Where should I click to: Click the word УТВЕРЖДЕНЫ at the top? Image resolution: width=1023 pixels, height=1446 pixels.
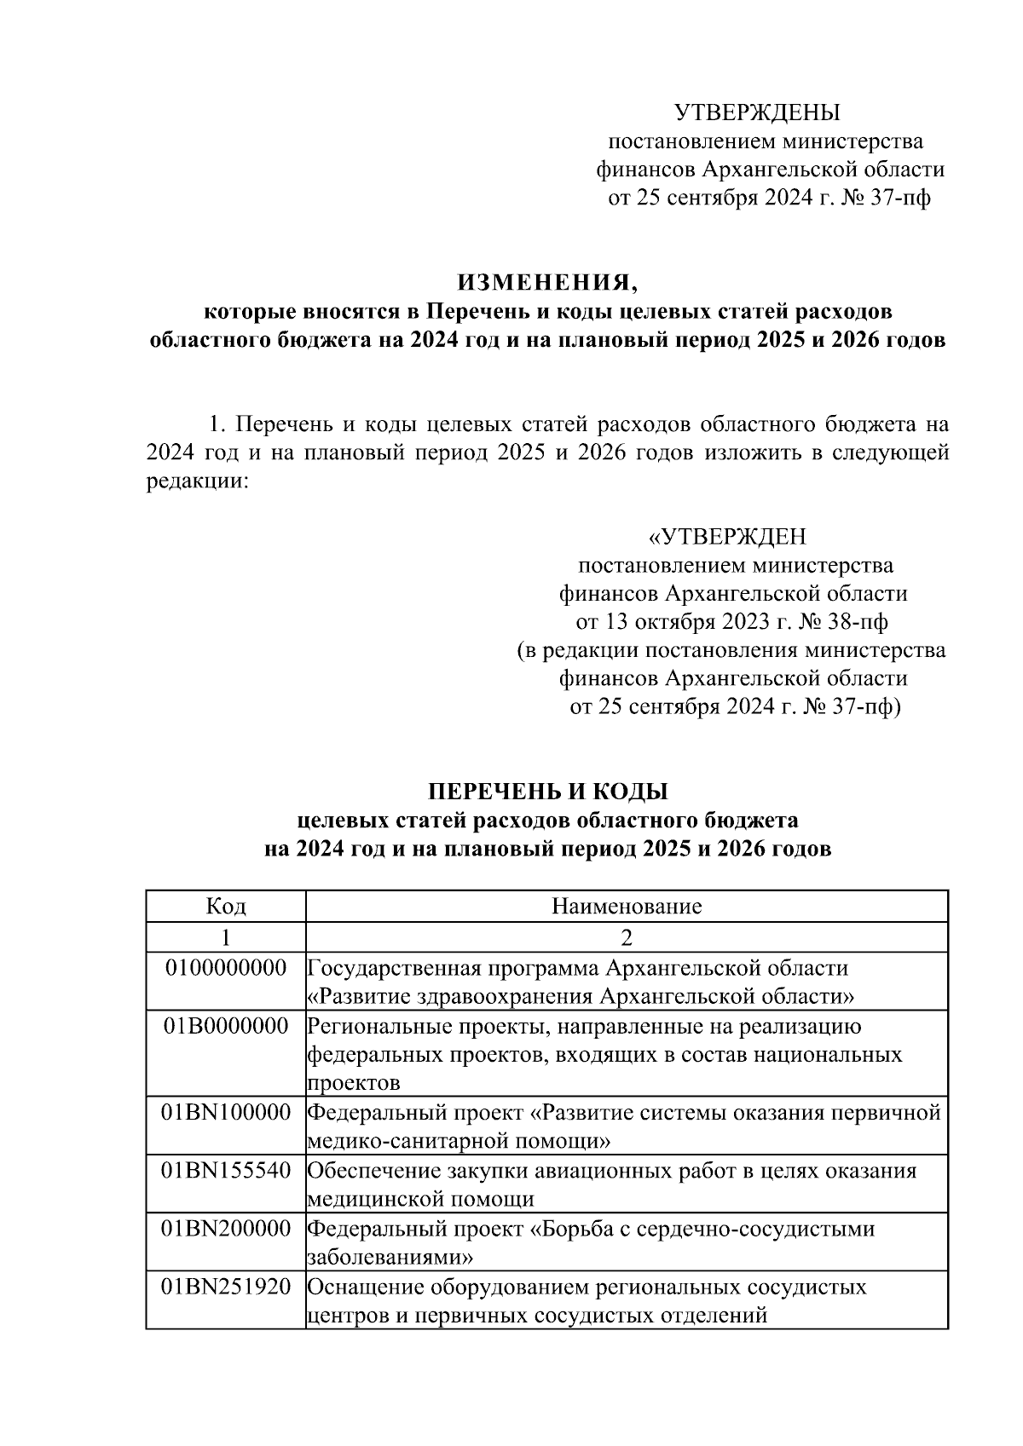pos(756,112)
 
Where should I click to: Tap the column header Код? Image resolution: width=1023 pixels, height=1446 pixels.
pos(226,906)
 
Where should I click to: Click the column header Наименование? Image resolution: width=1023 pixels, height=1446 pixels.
pos(627,906)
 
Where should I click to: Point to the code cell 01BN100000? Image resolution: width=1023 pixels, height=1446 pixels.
pos(226,1112)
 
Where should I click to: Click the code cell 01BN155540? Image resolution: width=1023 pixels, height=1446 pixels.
pos(226,1170)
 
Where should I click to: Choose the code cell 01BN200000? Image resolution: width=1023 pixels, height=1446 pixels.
pos(226,1229)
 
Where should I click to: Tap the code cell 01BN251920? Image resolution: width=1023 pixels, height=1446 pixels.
pos(226,1287)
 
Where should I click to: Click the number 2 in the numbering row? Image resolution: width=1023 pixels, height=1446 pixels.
pos(627,937)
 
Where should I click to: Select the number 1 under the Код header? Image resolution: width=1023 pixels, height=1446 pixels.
pos(226,937)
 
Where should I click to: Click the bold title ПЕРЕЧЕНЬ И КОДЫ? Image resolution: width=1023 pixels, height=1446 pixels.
pos(546,792)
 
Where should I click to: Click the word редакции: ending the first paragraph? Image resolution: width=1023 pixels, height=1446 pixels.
pos(197,481)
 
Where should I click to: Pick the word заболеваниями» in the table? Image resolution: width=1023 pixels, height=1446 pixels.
pos(390,1258)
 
